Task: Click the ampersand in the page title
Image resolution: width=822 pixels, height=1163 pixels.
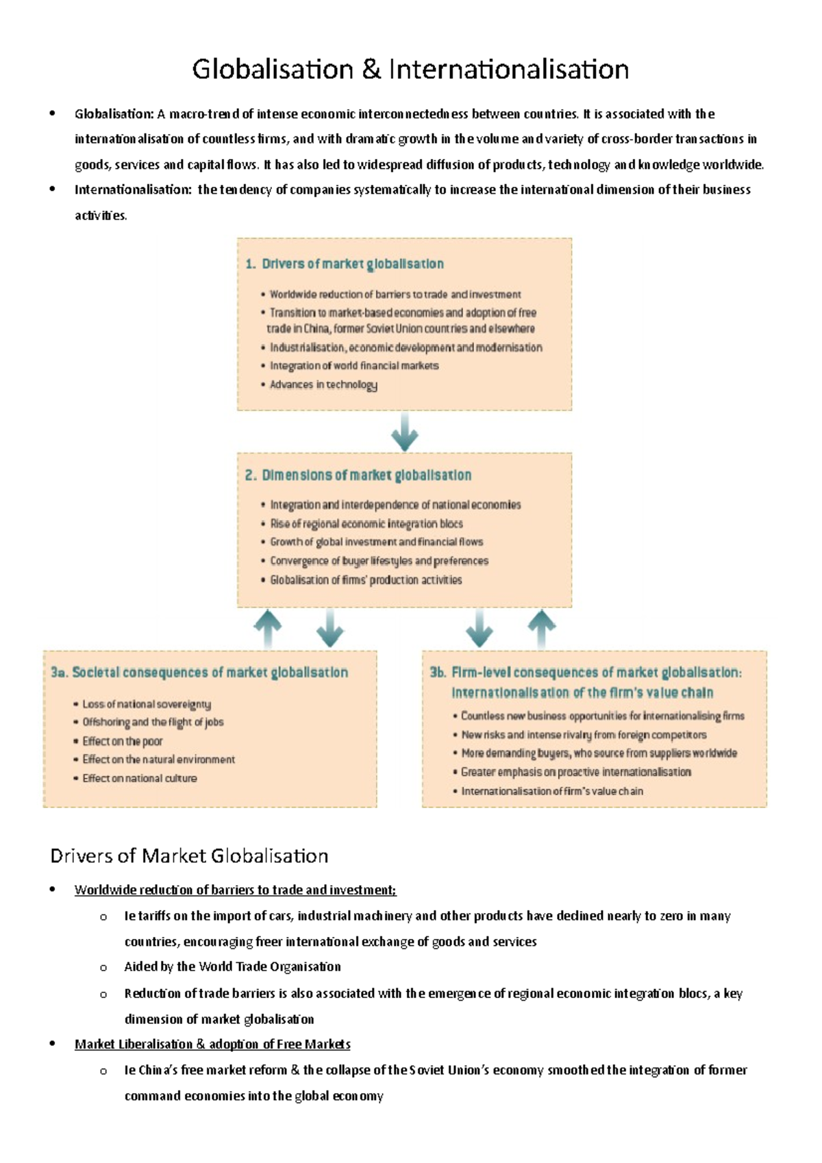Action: click(x=371, y=70)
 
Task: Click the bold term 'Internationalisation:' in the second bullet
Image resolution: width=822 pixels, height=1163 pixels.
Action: click(x=133, y=190)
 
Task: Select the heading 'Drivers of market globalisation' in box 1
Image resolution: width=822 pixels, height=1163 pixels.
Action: click(x=352, y=264)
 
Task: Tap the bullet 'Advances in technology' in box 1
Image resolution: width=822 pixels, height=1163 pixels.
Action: click(x=323, y=384)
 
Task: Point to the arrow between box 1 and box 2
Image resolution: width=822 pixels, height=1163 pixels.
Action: click(x=405, y=432)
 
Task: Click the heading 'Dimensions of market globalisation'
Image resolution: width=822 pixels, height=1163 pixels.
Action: click(x=366, y=475)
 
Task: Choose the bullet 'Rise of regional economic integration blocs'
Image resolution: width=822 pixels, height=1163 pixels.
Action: click(x=366, y=523)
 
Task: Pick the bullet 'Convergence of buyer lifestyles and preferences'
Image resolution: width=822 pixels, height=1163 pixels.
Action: click(x=379, y=561)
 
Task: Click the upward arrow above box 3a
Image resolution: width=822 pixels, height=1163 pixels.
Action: click(x=268, y=627)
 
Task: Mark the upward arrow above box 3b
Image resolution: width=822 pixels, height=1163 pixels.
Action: click(x=542, y=627)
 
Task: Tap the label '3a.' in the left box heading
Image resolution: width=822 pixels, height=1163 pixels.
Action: click(x=59, y=673)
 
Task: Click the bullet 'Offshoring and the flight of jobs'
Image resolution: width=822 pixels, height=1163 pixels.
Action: click(x=153, y=722)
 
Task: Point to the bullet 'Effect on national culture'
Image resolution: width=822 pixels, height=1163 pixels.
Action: click(x=139, y=778)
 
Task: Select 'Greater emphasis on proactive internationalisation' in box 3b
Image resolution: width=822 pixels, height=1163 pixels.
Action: click(x=575, y=772)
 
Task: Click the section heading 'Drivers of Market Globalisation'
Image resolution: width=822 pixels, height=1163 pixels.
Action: click(x=189, y=856)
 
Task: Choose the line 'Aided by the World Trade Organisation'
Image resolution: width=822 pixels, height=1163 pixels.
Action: click(x=232, y=966)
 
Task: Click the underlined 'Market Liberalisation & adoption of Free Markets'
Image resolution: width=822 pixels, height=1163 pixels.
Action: click(x=212, y=1044)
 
